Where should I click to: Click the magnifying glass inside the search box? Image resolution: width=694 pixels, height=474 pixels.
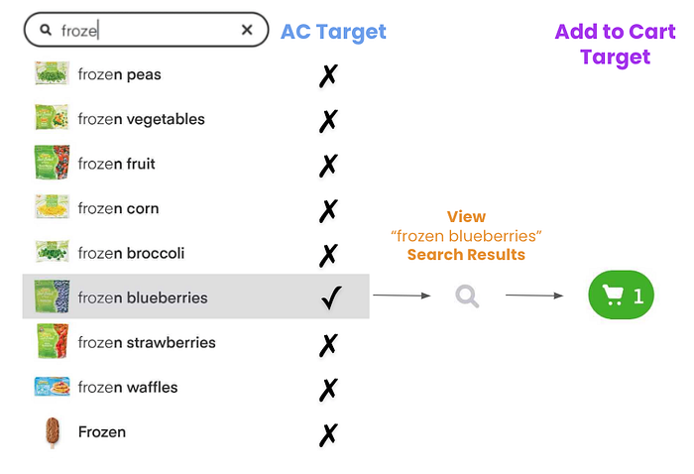(x=46, y=31)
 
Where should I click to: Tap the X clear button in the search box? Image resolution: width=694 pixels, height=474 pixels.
(x=247, y=31)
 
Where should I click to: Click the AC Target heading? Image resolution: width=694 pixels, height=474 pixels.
(x=333, y=32)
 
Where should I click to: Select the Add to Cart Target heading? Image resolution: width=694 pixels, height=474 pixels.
(x=615, y=44)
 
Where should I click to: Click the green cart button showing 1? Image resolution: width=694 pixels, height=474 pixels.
(x=621, y=296)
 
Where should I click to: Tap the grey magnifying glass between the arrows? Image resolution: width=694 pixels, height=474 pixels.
(x=467, y=296)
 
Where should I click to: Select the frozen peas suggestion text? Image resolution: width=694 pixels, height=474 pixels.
(x=119, y=74)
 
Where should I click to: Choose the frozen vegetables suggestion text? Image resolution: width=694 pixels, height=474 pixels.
(x=141, y=119)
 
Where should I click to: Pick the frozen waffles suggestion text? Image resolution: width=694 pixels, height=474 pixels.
(x=128, y=388)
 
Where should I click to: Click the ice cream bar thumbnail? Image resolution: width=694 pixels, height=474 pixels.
(x=51, y=432)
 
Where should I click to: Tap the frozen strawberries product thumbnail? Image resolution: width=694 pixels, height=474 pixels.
(x=51, y=342)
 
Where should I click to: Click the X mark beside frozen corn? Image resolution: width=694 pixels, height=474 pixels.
(x=328, y=210)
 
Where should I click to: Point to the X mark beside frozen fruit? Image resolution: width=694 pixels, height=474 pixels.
(x=328, y=166)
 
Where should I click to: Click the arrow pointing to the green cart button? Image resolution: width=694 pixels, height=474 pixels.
(x=535, y=296)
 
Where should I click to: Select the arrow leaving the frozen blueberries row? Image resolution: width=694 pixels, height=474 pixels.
(x=401, y=296)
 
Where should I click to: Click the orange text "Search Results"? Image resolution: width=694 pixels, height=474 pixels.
(x=466, y=255)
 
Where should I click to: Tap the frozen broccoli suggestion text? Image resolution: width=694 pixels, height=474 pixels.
(x=131, y=253)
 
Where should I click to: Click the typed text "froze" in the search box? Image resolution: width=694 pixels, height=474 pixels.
(x=79, y=31)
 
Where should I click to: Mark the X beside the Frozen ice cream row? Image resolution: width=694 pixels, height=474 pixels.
(x=328, y=433)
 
